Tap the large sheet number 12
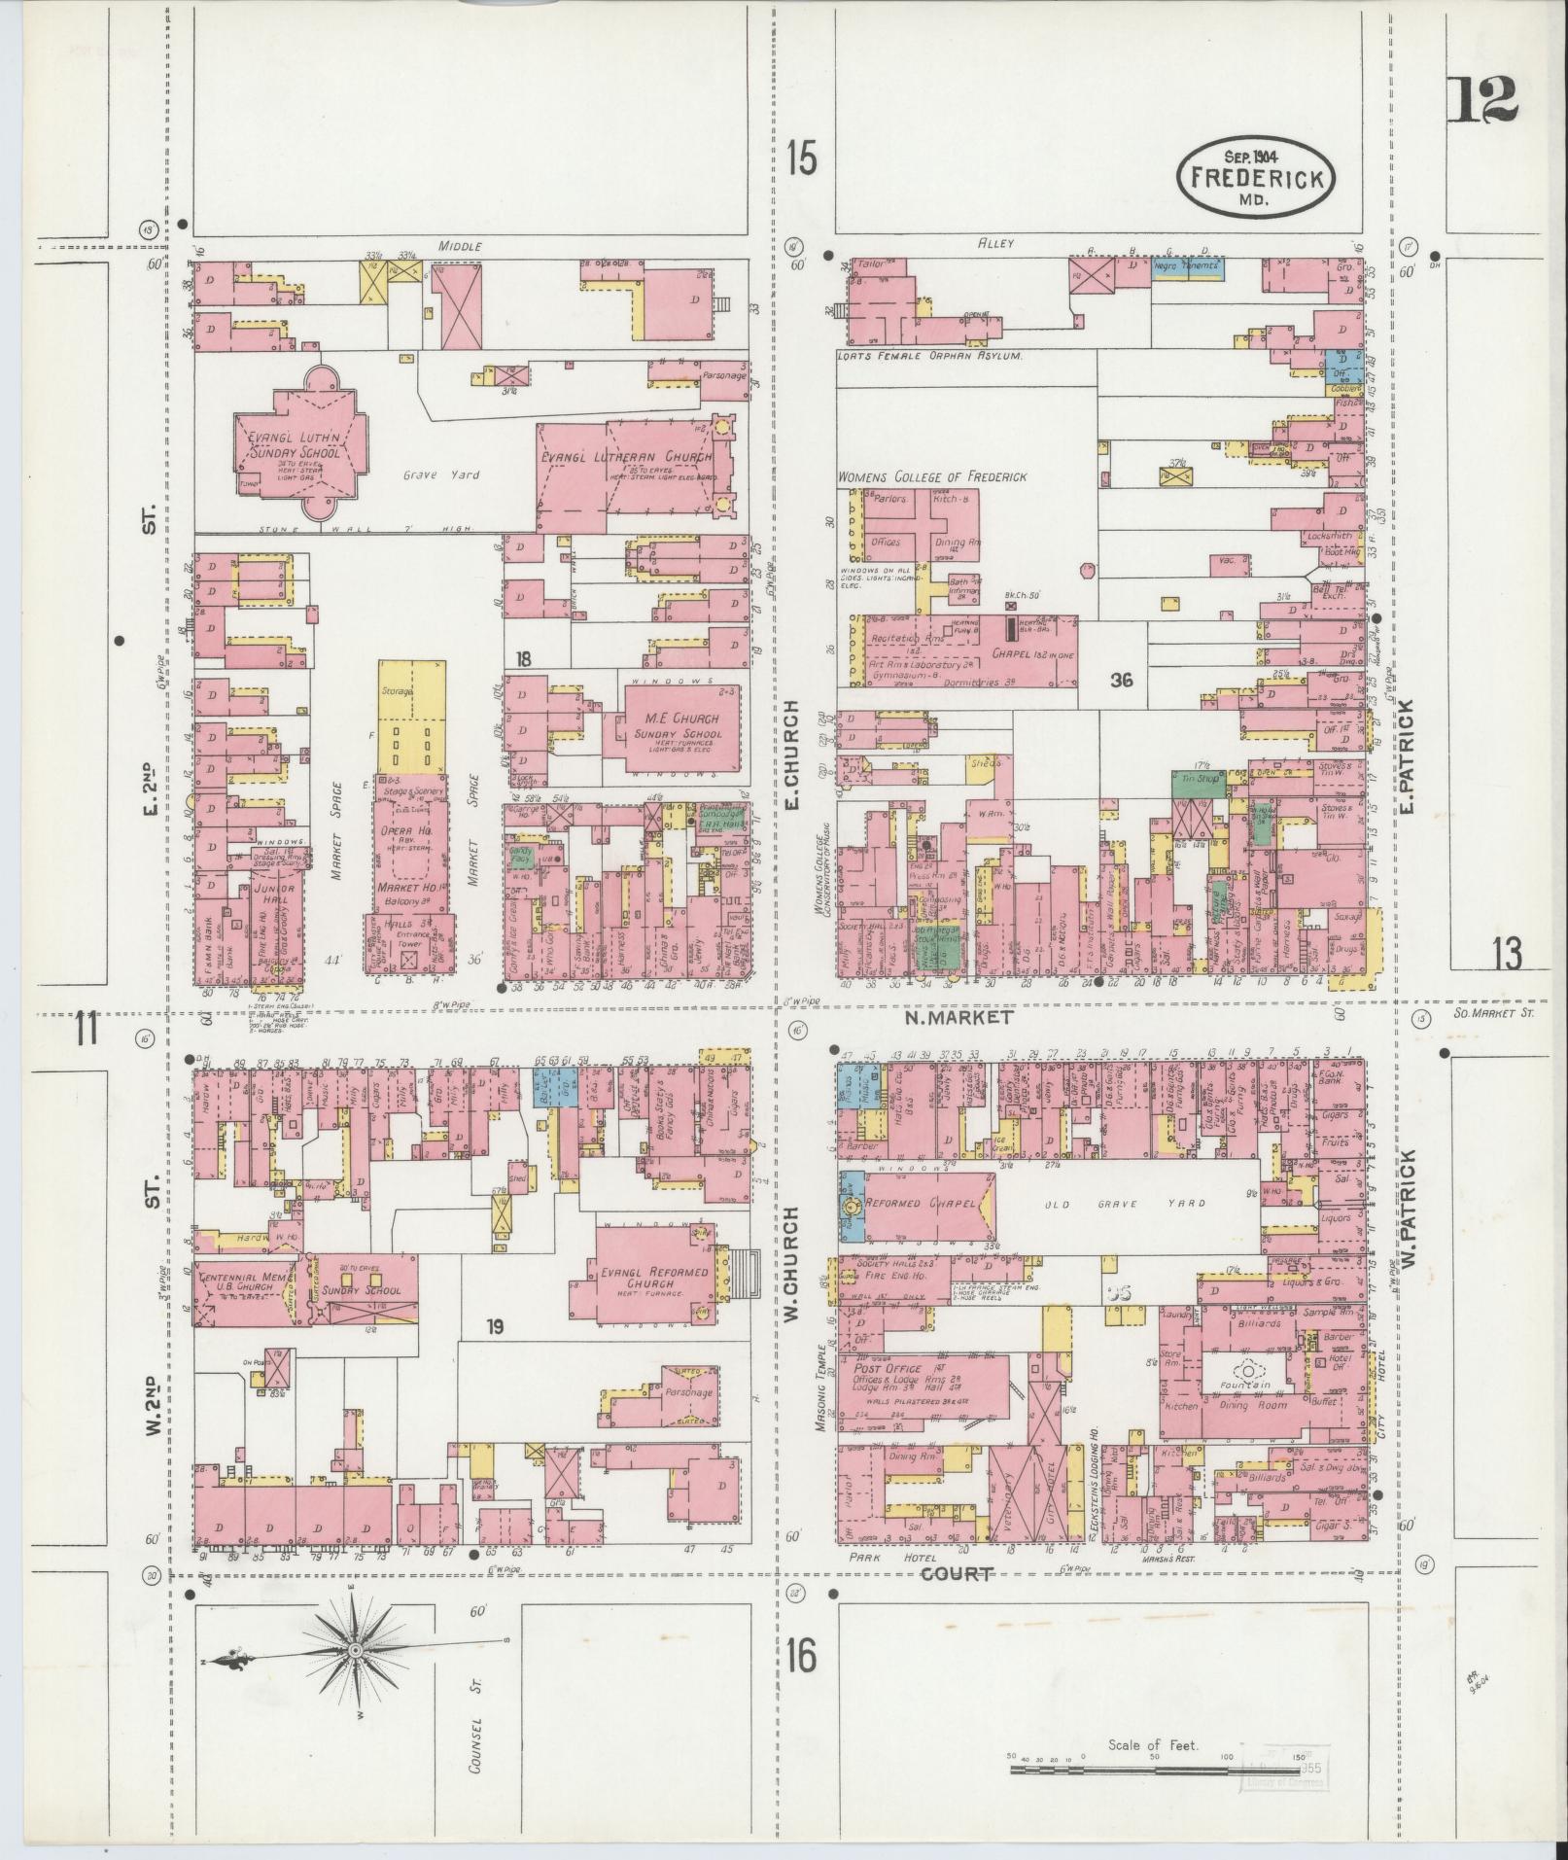tap(1481, 100)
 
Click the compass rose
tap(356, 1651)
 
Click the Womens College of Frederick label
tap(932, 477)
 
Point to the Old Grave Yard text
tap(1123, 1204)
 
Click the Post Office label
tap(889, 1369)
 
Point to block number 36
tap(1122, 681)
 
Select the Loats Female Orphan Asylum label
tap(930, 358)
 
